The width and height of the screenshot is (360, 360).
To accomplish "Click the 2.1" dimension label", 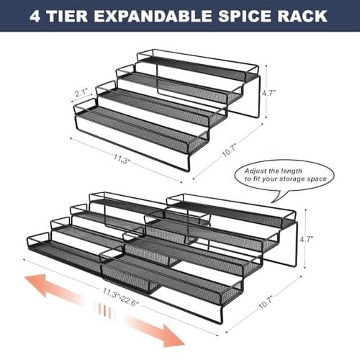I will tap(81, 92).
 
